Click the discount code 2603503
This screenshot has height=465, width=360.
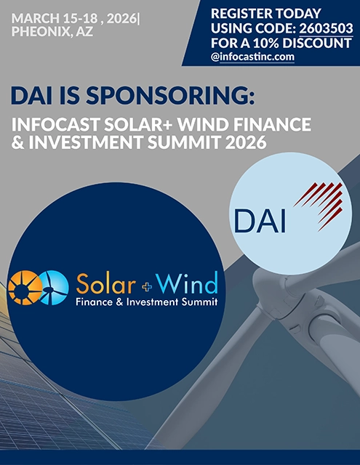[327, 28]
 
